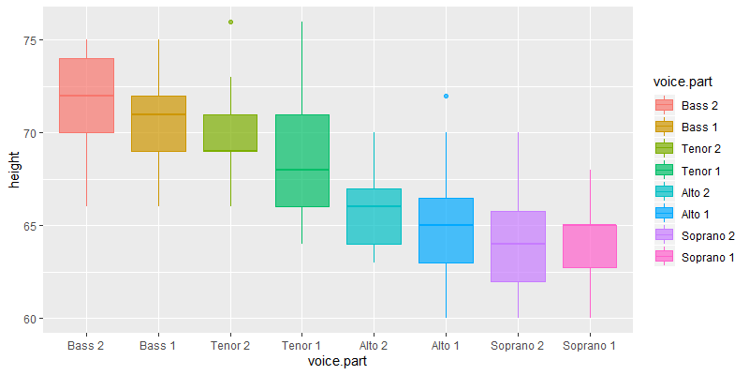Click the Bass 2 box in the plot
tap(86, 96)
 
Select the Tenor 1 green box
tap(301, 160)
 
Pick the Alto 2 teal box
tap(374, 217)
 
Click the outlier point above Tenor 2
tap(230, 22)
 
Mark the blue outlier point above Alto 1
tap(446, 96)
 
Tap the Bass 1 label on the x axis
tap(158, 346)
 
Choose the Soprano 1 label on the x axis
tap(590, 346)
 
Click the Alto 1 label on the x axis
tap(446, 346)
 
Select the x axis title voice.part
tap(338, 362)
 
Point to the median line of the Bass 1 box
tap(158, 114)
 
